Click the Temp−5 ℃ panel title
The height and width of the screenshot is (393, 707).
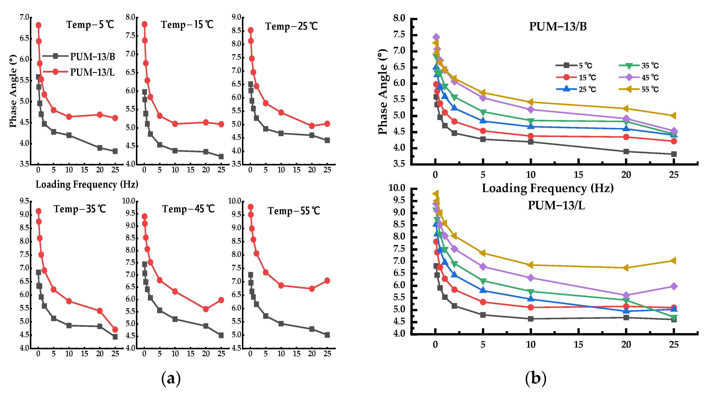click(90, 25)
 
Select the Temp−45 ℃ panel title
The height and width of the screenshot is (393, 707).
click(188, 209)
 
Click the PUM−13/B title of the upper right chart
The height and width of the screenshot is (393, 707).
click(558, 27)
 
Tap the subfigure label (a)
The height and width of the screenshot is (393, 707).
click(171, 378)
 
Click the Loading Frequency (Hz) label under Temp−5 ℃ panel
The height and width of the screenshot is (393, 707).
click(87, 184)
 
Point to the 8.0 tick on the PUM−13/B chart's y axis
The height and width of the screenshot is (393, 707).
click(399, 18)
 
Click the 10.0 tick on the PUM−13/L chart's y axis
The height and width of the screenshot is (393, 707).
click(397, 188)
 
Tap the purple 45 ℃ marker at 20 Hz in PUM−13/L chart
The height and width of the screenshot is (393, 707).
click(626, 295)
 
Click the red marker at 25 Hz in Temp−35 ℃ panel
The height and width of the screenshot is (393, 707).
click(115, 329)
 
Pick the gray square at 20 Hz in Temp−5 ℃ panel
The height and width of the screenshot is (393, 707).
click(100, 148)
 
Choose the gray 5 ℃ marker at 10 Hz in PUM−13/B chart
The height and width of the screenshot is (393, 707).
click(531, 142)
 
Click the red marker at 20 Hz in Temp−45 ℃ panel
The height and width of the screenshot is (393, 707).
click(206, 309)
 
